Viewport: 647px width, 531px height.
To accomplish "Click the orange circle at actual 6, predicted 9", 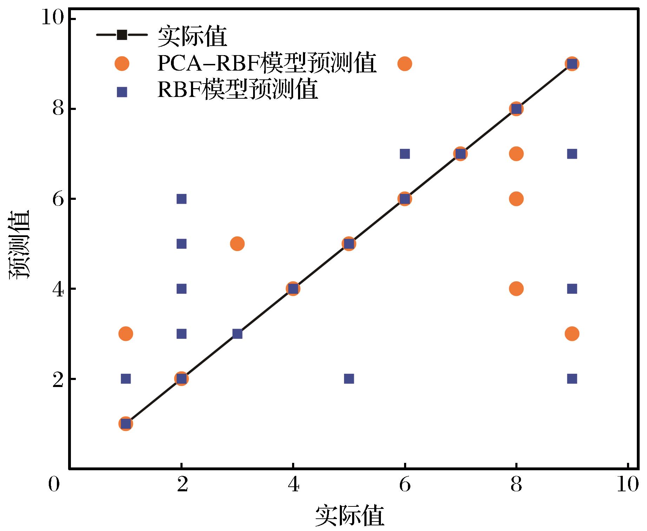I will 404,64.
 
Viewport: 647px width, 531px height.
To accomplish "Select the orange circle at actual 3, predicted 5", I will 237,244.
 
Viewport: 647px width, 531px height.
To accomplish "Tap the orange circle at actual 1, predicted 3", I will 126,334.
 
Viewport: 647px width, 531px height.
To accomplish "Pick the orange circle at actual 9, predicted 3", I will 572,334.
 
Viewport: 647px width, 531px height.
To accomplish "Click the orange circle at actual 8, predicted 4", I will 516,289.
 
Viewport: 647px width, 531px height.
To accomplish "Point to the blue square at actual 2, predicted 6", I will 181,199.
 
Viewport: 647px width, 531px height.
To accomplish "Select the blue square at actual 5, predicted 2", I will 349,379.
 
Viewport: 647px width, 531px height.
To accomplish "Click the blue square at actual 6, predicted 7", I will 404,154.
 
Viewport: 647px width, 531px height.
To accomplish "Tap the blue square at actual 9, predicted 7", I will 572,154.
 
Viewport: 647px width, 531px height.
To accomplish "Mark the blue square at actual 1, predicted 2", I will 126,379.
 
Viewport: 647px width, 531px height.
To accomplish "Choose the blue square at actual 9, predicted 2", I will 572,379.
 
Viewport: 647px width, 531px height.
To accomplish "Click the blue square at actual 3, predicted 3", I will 237,334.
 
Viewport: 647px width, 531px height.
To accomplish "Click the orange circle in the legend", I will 122,64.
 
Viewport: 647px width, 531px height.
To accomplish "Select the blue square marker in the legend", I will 122,92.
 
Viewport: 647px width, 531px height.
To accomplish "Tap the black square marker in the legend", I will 122,35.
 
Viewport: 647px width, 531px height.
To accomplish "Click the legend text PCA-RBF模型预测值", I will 267,64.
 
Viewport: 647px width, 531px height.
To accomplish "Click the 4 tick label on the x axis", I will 293,485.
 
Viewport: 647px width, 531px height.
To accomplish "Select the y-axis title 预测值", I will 19,244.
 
